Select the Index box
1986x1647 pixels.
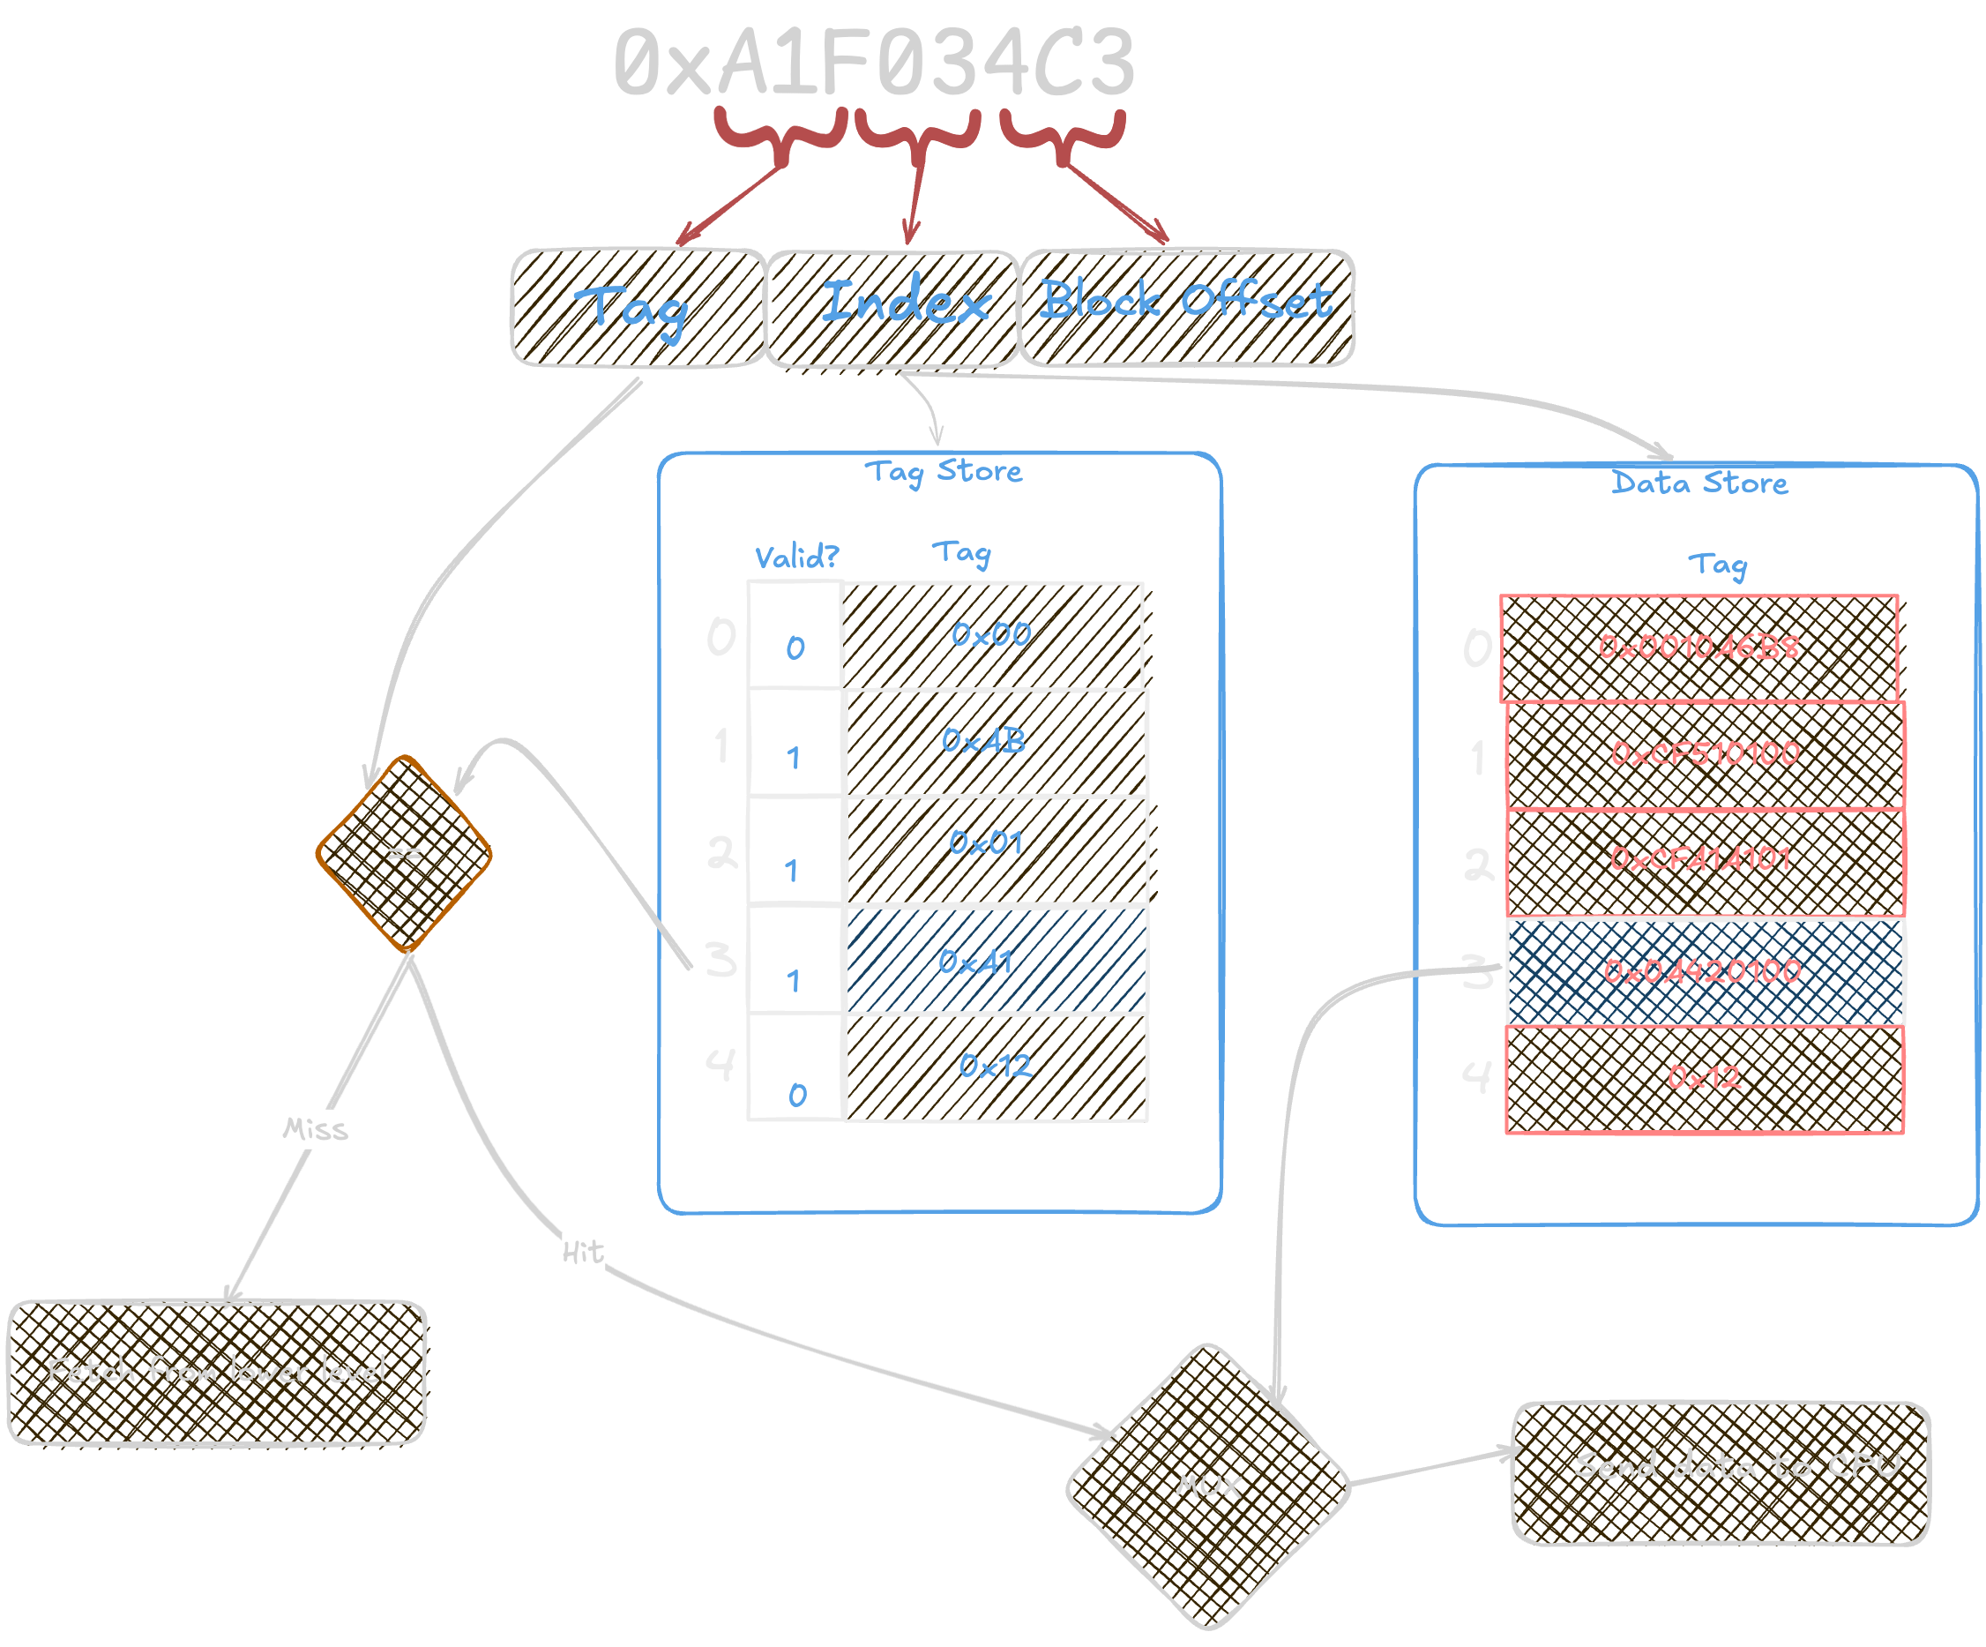[892, 308]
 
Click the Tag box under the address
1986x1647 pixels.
[638, 308]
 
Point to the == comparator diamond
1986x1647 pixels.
[404, 853]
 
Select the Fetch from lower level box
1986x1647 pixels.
[217, 1372]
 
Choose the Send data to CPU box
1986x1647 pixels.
[1721, 1473]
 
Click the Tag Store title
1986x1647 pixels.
[943, 471]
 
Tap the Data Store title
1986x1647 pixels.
[1699, 483]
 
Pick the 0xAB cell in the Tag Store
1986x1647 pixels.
[994, 743]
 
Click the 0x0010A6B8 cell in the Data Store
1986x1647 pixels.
[1699, 648]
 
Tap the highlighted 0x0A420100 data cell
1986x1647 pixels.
[1704, 971]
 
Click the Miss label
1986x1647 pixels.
[315, 1129]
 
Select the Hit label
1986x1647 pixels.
[583, 1253]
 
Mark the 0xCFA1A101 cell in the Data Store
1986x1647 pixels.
[1702, 860]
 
